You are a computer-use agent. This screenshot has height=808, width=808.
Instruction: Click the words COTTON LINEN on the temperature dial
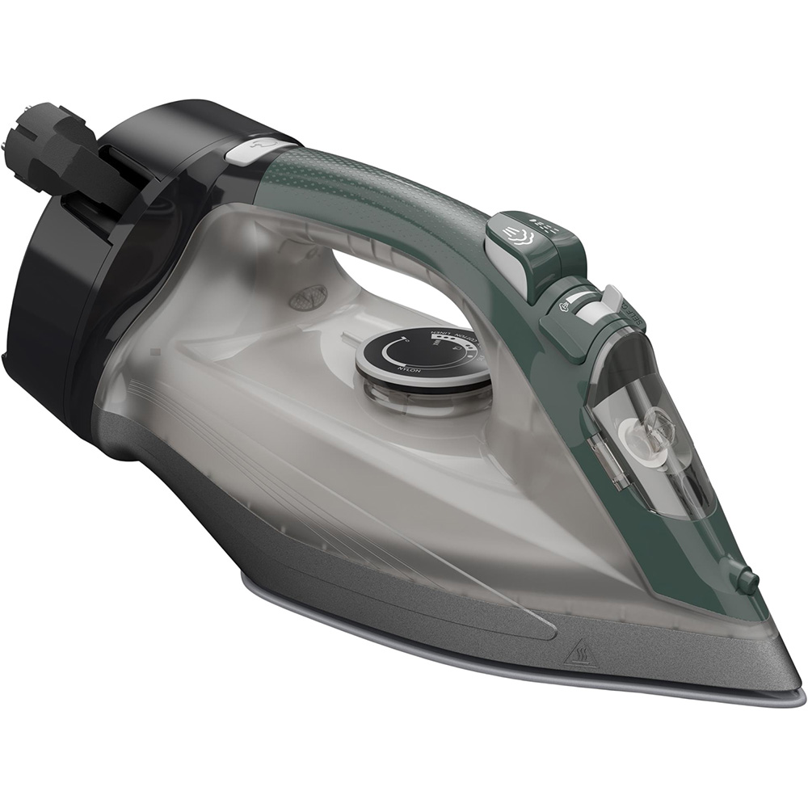click(x=451, y=333)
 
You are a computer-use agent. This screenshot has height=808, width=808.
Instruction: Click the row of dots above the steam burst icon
click(x=542, y=220)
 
